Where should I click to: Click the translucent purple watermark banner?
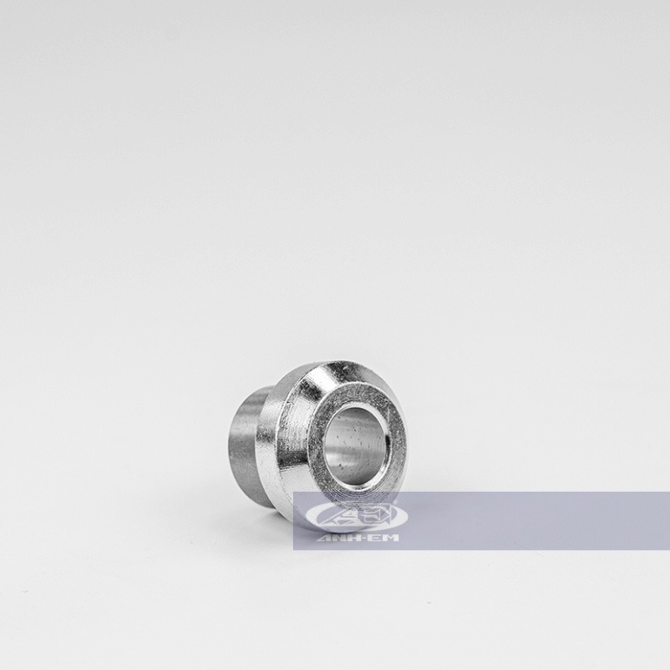[522, 520]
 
